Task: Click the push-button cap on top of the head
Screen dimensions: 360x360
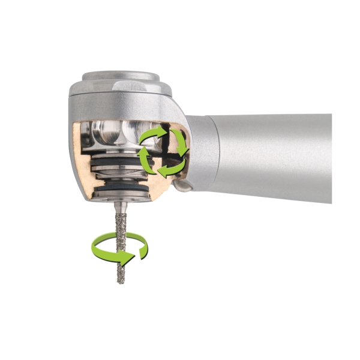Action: pos(121,77)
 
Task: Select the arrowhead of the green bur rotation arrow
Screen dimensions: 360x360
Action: pos(127,258)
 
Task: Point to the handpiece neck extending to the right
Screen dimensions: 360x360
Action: pos(270,155)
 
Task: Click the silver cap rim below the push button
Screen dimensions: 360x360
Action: pos(120,89)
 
